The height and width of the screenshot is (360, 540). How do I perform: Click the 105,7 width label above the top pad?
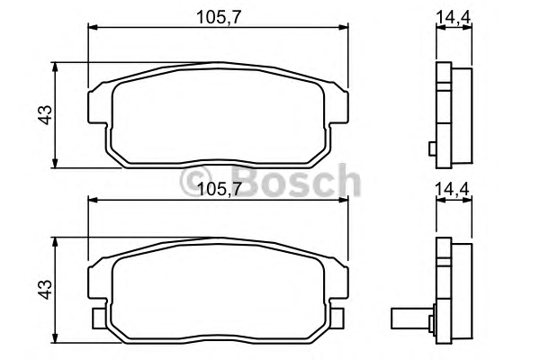tap(219, 17)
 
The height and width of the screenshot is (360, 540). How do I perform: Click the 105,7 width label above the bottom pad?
tap(219, 189)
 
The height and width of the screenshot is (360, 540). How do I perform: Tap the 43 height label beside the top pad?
tap(45, 114)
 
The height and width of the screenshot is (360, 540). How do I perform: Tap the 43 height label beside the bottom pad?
tap(45, 290)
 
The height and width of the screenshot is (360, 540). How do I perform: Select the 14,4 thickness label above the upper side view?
tap(454, 16)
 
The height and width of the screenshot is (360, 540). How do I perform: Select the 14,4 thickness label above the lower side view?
tap(453, 189)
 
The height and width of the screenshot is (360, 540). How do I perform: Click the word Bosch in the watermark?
tap(296, 181)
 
